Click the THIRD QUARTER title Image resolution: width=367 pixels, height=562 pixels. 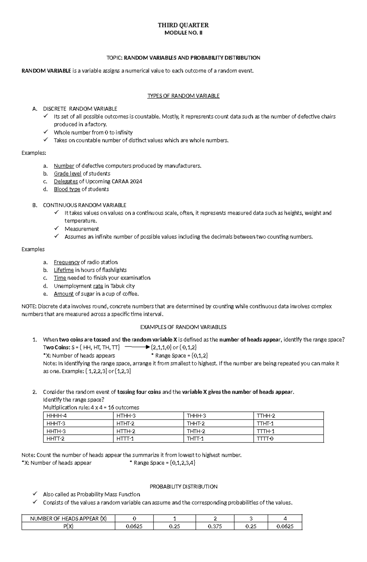183,25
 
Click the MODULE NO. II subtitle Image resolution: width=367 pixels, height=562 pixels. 183,33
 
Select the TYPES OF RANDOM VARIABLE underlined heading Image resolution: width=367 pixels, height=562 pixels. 183,96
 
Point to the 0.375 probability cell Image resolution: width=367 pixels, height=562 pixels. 215,526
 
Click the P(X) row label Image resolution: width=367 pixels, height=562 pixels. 68,526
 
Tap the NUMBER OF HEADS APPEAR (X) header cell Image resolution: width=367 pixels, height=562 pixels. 68,519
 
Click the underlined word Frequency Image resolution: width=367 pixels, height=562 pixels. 66,262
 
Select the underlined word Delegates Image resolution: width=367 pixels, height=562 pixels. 66,181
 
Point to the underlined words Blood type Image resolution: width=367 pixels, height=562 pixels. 67,189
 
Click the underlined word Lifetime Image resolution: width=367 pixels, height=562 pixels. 64,270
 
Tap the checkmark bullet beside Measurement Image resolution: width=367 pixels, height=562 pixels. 57,228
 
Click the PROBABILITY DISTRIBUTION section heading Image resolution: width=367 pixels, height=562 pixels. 183,486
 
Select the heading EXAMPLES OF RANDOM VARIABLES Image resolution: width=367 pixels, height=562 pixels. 183,327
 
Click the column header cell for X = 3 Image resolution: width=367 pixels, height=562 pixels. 251,519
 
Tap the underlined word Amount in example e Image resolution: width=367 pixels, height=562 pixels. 64,294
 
